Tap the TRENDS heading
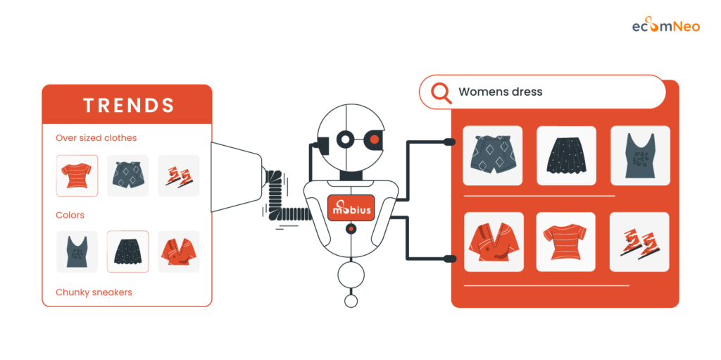tap(128, 106)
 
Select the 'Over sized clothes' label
tap(96, 138)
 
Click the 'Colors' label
tap(70, 215)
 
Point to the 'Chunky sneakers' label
tap(94, 292)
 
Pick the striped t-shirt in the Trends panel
tap(77, 175)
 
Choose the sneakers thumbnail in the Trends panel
tap(178, 175)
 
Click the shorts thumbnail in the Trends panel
tap(127, 175)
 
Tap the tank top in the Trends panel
tap(77, 252)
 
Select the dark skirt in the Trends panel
tap(127, 252)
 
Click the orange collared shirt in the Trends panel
tap(178, 252)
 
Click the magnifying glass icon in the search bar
tap(441, 92)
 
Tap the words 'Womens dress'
tap(500, 92)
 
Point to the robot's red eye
tap(375, 139)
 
